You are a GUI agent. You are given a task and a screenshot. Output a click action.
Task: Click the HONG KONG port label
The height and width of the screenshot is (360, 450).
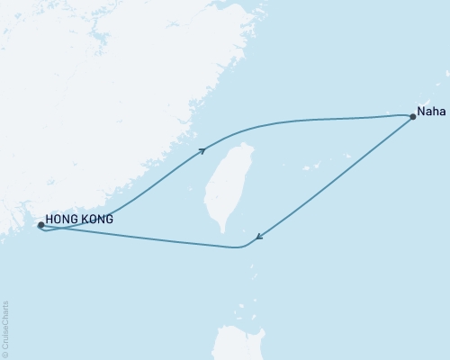click(79, 218)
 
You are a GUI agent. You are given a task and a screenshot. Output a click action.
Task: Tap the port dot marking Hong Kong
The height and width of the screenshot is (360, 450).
click(40, 225)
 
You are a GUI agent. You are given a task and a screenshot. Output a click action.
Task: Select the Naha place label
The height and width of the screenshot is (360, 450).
click(429, 116)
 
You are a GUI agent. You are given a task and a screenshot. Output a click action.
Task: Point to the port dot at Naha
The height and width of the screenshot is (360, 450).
click(412, 116)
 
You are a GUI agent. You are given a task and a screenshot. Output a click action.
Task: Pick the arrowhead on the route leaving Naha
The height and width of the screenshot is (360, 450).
click(259, 238)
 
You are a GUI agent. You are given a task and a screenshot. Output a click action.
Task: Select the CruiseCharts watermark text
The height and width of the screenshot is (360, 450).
click(5, 328)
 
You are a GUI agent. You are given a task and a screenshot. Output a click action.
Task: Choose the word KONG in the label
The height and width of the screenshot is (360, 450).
click(97, 218)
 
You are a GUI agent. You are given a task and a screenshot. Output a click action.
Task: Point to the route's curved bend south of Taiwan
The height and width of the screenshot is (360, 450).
click(241, 247)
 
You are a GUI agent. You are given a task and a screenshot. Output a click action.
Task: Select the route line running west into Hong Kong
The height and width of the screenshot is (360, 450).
click(135, 238)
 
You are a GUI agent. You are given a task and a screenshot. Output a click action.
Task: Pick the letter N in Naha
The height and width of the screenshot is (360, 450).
click(421, 116)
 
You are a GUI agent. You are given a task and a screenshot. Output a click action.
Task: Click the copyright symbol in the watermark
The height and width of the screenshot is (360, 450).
click(5, 355)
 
